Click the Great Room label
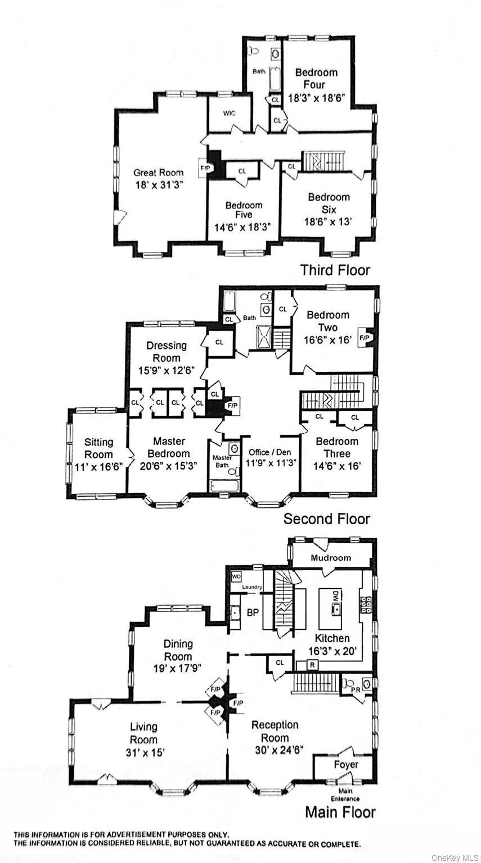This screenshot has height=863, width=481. (x=158, y=172)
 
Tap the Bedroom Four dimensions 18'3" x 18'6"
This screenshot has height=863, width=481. (x=316, y=97)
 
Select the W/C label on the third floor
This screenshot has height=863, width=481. (x=229, y=113)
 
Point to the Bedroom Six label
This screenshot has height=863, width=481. (x=329, y=203)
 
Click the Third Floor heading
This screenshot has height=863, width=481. (x=335, y=270)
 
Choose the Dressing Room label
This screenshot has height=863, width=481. (x=167, y=352)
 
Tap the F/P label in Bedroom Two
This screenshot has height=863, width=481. (x=364, y=338)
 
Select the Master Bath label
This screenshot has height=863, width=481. (x=222, y=461)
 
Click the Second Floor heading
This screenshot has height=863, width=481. (x=326, y=518)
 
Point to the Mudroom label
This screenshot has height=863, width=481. (x=331, y=558)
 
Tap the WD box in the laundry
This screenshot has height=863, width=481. (x=236, y=576)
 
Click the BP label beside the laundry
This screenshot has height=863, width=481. (x=253, y=612)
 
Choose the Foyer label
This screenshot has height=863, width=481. (x=345, y=764)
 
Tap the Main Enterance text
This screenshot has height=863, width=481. (x=345, y=794)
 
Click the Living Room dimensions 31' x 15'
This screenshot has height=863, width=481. (x=143, y=752)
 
